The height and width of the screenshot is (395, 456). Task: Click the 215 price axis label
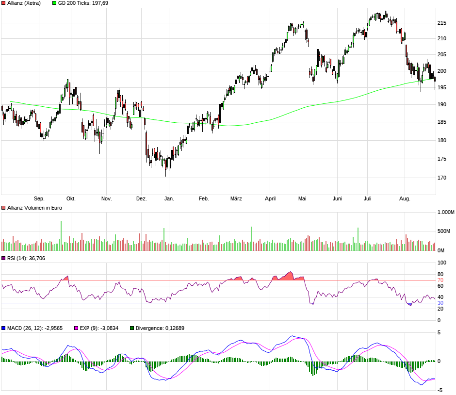click(442, 23)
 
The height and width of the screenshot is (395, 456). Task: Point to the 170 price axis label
click(442, 178)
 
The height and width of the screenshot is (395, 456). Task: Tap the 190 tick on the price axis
click(442, 104)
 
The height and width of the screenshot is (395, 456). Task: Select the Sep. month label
click(39, 198)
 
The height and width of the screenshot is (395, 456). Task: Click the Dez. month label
click(141, 198)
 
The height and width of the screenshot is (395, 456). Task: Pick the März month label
click(236, 198)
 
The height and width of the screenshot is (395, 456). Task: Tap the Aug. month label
click(404, 198)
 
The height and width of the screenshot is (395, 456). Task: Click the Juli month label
click(368, 198)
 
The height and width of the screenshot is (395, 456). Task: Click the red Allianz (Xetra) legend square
click(3, 3)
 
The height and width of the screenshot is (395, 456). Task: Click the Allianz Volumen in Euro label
click(34, 208)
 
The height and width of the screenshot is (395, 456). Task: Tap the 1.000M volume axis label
click(446, 213)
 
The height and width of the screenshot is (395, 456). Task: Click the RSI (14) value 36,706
click(37, 258)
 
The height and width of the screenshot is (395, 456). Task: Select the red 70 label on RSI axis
click(440, 280)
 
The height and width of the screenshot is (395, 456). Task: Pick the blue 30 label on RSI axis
click(440, 303)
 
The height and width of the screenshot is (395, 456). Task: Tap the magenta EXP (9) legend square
click(75, 328)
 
